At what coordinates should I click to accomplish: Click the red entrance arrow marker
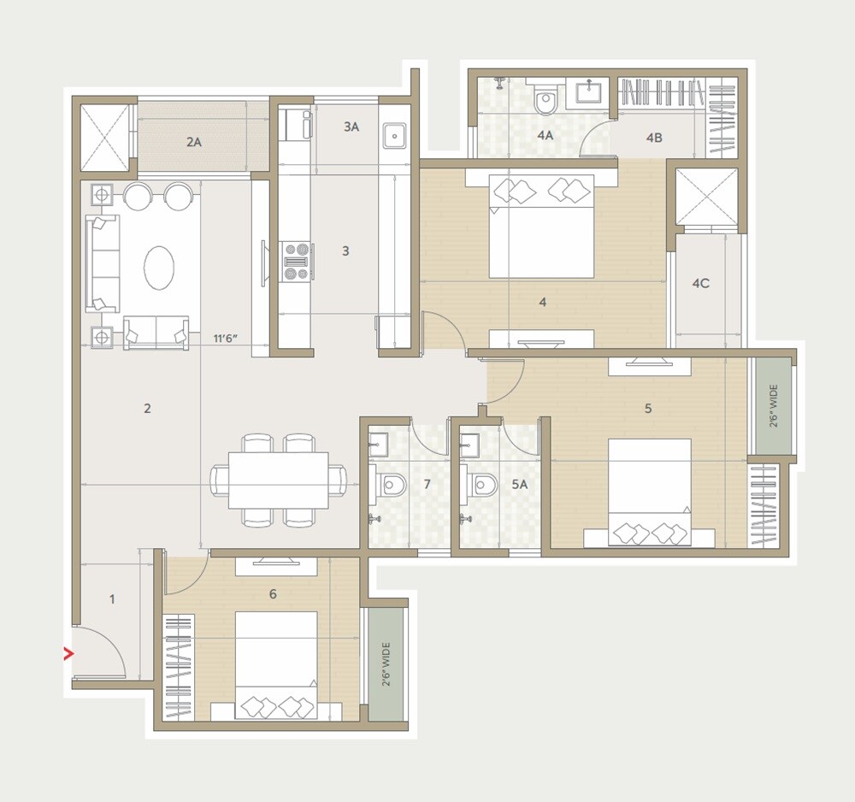pyautogui.click(x=69, y=655)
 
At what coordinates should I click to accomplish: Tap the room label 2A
pyautogui.click(x=194, y=142)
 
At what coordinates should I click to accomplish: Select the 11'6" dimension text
pyautogui.click(x=226, y=339)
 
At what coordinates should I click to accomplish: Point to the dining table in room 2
pyautogui.click(x=278, y=481)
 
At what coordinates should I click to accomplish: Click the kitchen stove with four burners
pyautogui.click(x=296, y=261)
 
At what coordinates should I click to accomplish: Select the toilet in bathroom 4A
pyautogui.click(x=545, y=102)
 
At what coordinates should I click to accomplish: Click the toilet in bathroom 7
pyautogui.click(x=392, y=486)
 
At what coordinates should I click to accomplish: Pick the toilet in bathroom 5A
pyautogui.click(x=482, y=486)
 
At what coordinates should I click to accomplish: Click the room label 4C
pyautogui.click(x=700, y=283)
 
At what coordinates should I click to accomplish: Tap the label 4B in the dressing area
pyautogui.click(x=654, y=137)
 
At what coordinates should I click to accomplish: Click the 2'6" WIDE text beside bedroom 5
pyautogui.click(x=773, y=406)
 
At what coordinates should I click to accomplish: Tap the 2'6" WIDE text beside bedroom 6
pyautogui.click(x=385, y=665)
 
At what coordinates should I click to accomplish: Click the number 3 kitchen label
pyautogui.click(x=345, y=251)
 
